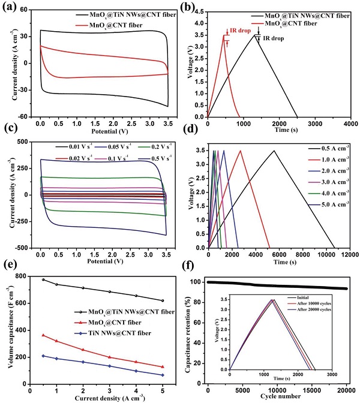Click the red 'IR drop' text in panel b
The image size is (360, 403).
click(x=241, y=30)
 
